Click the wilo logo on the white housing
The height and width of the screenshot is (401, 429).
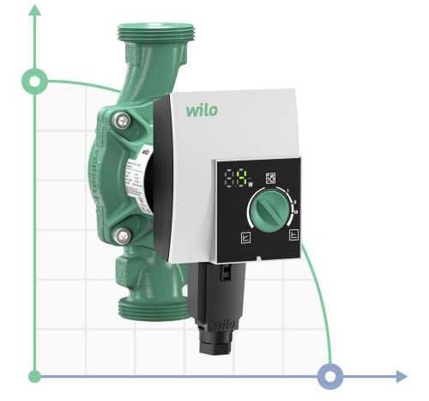point(202,110)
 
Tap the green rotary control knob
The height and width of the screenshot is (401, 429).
point(269,209)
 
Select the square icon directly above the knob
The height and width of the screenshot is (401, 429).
point(270,178)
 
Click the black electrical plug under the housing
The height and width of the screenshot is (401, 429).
point(219,301)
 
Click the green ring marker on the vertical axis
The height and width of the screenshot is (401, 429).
point(35,82)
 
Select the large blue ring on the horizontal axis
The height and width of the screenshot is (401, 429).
point(330,376)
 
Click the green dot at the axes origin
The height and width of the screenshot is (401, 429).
point(35,376)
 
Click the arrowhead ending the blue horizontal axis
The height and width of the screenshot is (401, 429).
point(401,376)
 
